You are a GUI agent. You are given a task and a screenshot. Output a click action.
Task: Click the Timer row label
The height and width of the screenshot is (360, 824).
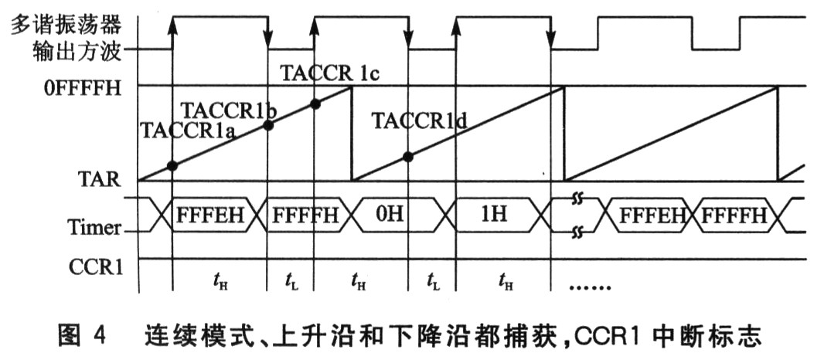point(94,227)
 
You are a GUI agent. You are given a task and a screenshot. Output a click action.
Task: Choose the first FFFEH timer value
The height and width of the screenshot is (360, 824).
point(210,215)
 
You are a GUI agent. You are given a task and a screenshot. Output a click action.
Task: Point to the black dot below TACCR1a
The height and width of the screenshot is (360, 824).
point(172,165)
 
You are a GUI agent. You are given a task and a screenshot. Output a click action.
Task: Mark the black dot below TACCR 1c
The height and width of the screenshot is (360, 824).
point(314,103)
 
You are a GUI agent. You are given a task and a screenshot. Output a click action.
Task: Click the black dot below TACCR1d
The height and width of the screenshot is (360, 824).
point(408,156)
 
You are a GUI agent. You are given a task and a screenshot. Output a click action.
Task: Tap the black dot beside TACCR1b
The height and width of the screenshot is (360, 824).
point(267,124)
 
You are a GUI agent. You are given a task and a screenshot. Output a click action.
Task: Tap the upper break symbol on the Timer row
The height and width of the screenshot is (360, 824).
point(574,200)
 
